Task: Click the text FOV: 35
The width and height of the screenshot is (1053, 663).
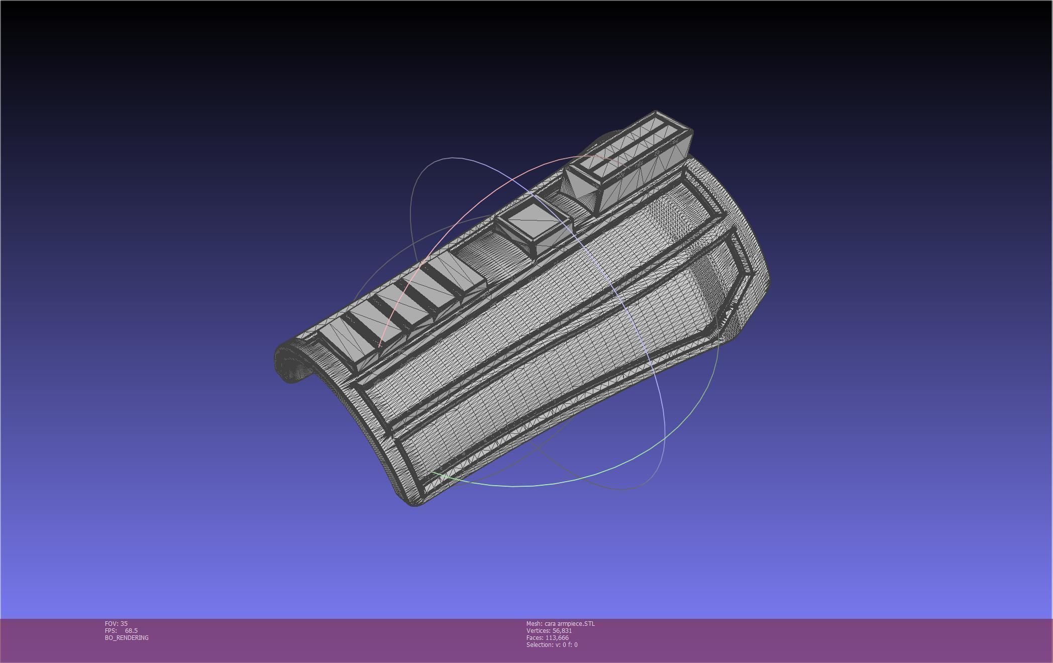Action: (x=116, y=623)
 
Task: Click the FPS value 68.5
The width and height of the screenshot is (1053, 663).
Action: (x=131, y=630)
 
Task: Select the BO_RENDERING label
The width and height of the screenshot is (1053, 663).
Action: (x=127, y=637)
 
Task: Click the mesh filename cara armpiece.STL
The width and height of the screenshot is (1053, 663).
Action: (x=569, y=623)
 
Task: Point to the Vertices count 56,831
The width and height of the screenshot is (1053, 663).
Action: (x=562, y=630)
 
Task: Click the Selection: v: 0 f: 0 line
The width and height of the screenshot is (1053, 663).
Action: (x=552, y=644)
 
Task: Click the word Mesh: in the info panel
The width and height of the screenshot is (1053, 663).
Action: (x=534, y=623)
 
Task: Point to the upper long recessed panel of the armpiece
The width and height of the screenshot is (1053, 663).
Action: (x=528, y=301)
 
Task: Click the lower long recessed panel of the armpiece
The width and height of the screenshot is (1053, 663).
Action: (x=553, y=382)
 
